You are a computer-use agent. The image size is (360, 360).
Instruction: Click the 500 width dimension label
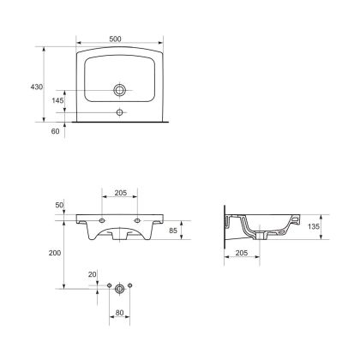[115, 39]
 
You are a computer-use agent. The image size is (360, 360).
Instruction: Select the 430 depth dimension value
[37, 87]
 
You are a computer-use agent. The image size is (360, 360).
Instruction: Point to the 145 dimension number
[57, 100]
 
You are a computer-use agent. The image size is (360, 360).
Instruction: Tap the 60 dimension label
[55, 131]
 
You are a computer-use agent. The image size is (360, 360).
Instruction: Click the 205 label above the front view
[121, 193]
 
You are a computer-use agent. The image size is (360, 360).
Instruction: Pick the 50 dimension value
[59, 205]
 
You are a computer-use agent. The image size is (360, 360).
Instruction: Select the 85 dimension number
[173, 231]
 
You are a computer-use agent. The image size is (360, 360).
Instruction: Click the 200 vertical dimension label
[55, 253]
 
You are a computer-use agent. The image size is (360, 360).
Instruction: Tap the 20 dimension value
[92, 275]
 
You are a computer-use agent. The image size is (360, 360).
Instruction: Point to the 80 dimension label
[119, 313]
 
